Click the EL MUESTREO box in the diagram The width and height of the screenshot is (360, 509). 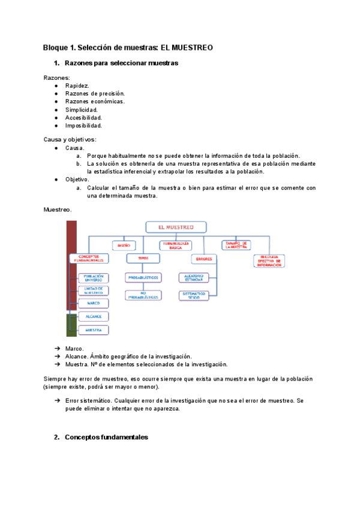[176, 227]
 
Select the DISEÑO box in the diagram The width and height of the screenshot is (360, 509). [124, 245]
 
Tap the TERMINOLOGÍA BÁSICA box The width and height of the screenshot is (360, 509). [175, 245]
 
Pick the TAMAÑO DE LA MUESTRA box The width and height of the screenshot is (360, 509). [235, 245]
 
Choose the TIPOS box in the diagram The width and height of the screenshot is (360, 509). [143, 258]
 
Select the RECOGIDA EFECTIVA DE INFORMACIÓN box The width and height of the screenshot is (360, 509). [268, 261]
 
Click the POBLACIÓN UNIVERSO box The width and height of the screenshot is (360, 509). [93, 278]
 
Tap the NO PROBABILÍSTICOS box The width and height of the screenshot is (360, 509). [143, 295]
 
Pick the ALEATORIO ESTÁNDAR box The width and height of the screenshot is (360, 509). [194, 277]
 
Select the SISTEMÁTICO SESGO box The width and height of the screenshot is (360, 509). [194, 295]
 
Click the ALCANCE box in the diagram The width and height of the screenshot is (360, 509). [93, 316]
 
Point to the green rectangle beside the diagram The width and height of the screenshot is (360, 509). [71, 325]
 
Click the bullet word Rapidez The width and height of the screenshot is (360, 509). [77, 86]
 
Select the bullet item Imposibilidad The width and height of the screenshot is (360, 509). [84, 126]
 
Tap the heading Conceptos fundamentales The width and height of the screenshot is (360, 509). [106, 438]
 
